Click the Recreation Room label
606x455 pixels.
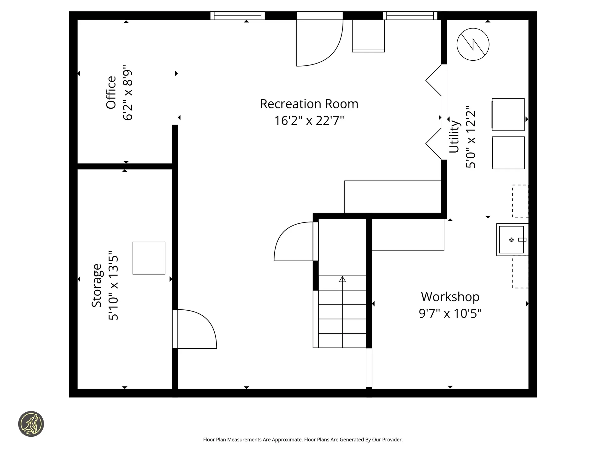pyautogui.click(x=309, y=104)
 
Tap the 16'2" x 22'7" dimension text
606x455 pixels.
pyautogui.click(x=309, y=120)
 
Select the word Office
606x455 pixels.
pyautogui.click(x=111, y=93)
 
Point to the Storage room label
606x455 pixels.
pyautogui.click(x=97, y=285)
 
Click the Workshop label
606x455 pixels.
pyautogui.click(x=450, y=297)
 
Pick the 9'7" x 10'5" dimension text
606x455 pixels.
pyautogui.click(x=450, y=313)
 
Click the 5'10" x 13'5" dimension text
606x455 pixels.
pyautogui.click(x=113, y=286)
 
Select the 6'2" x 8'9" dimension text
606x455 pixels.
pyautogui.click(x=128, y=93)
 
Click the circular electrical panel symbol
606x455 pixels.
pyautogui.click(x=473, y=44)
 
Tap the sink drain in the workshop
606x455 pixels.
pyautogui.click(x=511, y=240)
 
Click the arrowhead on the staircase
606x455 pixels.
pyautogui.click(x=342, y=279)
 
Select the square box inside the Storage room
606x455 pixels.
pyautogui.click(x=149, y=258)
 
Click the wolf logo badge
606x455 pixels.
pyautogui.click(x=31, y=424)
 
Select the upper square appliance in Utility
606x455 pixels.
pyautogui.click(x=508, y=114)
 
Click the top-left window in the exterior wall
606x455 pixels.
pyautogui.click(x=238, y=15)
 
